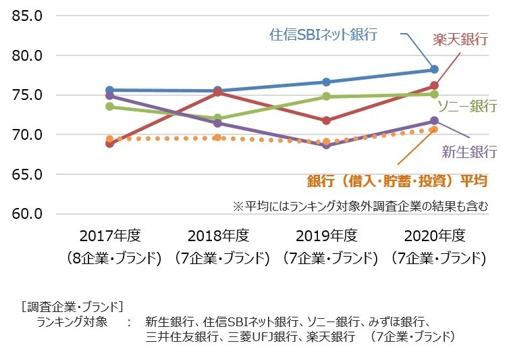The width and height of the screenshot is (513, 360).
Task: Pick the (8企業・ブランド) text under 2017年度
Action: coord(109,258)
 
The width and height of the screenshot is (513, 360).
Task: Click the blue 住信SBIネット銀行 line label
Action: coord(323,34)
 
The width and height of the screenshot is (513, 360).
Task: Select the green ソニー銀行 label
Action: coord(467,106)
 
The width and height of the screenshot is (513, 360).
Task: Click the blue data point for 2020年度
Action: coord(434,70)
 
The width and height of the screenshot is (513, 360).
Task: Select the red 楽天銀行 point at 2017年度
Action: coord(109,143)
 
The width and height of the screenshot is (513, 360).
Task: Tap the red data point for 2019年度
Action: coord(326,121)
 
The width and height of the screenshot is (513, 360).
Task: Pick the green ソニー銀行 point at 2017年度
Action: coord(109,107)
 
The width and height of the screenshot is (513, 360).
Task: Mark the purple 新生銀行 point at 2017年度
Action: coord(109,96)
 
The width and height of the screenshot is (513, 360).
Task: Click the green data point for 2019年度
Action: coord(326,97)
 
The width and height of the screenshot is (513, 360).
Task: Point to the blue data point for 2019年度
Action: coord(326,82)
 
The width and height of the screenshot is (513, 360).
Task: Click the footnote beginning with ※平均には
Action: coord(359,205)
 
